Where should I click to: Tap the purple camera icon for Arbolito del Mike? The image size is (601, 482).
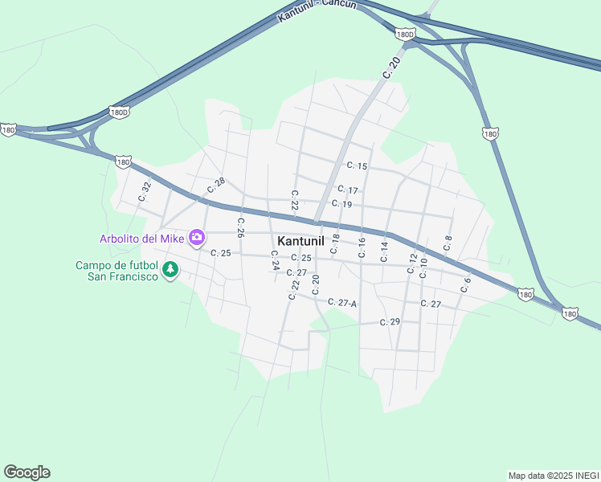pos(197,238)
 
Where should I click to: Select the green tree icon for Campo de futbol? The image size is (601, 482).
pos(170,270)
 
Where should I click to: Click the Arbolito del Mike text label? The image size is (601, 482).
pos(141,238)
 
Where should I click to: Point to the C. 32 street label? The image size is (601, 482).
pos(145,192)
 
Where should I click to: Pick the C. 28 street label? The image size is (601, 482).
pos(215,186)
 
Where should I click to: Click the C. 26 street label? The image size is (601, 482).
pos(240,227)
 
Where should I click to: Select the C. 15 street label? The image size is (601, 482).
pos(357,165)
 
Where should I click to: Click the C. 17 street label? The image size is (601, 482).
pos(348,190)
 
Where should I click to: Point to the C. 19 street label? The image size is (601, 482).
pos(341,204)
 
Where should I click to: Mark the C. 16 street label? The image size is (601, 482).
pos(362,247)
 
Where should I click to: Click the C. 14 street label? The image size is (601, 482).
pos(385,251)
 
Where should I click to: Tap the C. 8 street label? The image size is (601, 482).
pos(448,242)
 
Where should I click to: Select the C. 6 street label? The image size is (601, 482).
pos(466,284)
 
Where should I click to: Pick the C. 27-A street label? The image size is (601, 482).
pos(342,303)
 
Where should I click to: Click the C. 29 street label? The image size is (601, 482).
pos(390,321)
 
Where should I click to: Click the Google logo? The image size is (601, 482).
pos(27,472)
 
